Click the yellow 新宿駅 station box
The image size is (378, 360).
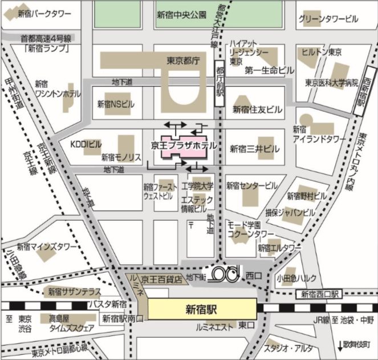[x=202, y=310]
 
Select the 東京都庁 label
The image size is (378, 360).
[x=182, y=60]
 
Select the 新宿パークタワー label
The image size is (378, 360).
[x=44, y=13]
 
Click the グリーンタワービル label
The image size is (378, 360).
[x=328, y=19]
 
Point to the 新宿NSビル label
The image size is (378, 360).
[x=115, y=104]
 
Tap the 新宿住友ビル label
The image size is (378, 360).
[x=258, y=108]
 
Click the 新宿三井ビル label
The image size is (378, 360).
[x=255, y=148]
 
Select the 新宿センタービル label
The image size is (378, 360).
[x=252, y=185]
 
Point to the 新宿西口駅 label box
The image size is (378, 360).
[x=318, y=294]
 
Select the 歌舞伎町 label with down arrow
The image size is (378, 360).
[x=357, y=345]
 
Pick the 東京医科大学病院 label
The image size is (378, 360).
[x=331, y=83]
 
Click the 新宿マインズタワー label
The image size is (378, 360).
[x=47, y=246]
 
